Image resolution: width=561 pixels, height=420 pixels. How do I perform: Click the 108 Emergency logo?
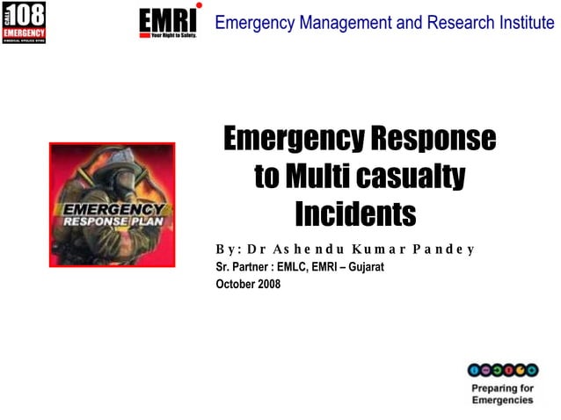[x=24, y=22]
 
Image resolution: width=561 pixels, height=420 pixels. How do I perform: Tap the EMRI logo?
[x=169, y=22]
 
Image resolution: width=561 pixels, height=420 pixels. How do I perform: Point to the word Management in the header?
[x=342, y=23]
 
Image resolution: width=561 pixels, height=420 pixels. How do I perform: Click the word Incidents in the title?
[x=354, y=214]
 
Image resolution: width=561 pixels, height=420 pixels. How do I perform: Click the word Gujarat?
[x=363, y=266]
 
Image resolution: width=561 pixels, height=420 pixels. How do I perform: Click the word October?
[x=234, y=283]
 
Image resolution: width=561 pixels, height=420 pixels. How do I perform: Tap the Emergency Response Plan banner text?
[x=113, y=215]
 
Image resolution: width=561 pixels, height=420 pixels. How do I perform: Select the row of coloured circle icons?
[x=501, y=370]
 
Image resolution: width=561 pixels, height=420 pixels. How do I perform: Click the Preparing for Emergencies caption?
[x=502, y=394]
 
